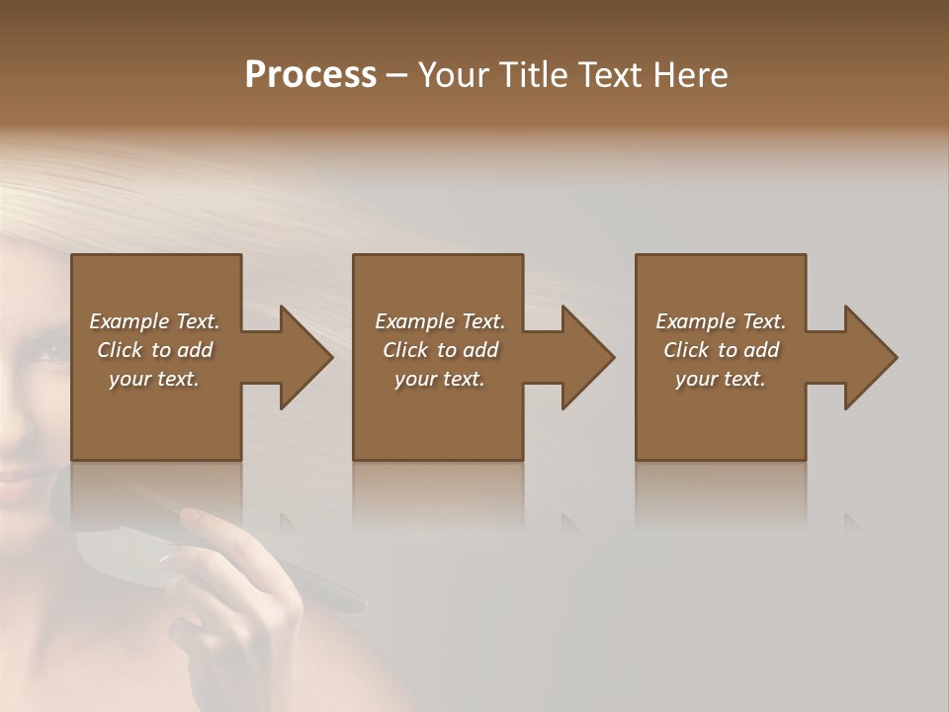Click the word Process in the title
tap(310, 75)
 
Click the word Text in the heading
tap(611, 75)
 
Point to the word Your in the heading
tap(456, 75)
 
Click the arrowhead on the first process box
tap(302, 357)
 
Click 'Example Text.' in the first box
tap(154, 321)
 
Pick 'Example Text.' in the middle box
tap(440, 321)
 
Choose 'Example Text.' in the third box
tap(721, 321)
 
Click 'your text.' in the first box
tap(154, 379)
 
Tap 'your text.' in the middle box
tap(440, 379)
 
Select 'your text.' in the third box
tap(721, 379)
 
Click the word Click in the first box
tap(120, 350)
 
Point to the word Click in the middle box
tap(405, 350)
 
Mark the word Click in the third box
tap(686, 350)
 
